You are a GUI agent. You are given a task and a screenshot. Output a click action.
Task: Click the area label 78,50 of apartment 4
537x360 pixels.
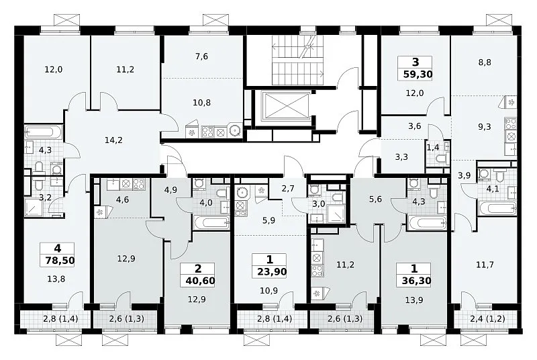(x=60, y=261)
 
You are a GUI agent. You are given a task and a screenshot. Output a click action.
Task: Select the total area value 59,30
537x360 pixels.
(x=418, y=74)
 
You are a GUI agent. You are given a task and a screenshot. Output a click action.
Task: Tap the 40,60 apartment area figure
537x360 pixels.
(x=200, y=281)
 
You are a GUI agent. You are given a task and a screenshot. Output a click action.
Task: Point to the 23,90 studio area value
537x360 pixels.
(x=272, y=272)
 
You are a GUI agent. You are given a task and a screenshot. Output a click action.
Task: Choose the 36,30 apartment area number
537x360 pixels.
(x=416, y=281)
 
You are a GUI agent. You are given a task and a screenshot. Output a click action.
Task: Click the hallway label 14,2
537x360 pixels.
(x=113, y=140)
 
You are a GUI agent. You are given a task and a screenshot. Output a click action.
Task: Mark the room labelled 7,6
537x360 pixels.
(x=202, y=56)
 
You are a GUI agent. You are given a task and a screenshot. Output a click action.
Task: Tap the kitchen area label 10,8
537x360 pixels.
(x=202, y=102)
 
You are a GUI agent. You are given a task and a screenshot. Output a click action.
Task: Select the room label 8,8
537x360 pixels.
(x=485, y=62)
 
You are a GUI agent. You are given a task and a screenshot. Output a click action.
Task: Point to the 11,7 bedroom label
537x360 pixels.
(x=485, y=265)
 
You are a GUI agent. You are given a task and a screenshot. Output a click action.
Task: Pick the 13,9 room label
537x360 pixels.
(x=413, y=300)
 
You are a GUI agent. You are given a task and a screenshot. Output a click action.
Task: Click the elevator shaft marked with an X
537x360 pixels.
(x=285, y=106)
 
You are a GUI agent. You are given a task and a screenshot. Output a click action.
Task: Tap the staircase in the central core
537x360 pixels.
(x=298, y=60)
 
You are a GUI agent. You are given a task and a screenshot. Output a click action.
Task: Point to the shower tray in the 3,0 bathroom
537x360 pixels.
(x=336, y=214)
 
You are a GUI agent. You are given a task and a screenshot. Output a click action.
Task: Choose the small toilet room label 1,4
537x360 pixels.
(x=433, y=148)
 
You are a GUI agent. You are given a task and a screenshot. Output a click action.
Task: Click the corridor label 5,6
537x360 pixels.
(x=376, y=199)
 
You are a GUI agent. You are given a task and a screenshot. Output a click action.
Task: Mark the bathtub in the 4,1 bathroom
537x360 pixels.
(x=497, y=208)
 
